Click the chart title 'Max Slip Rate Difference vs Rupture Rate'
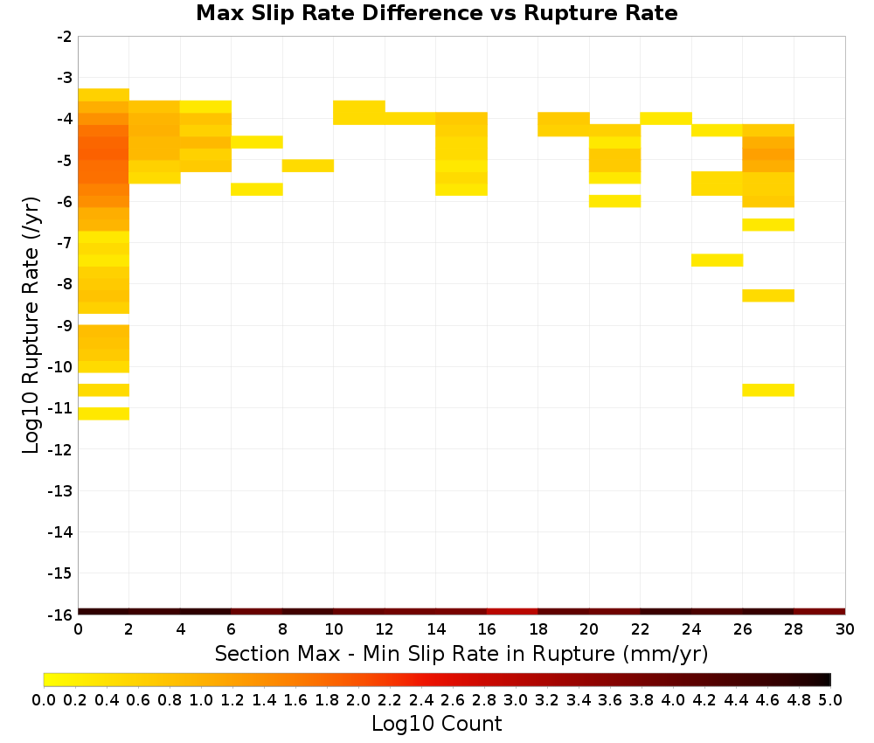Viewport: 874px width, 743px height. tap(436, 13)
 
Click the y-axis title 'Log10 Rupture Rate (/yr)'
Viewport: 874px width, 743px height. tap(31, 325)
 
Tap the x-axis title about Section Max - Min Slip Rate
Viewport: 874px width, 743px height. tap(461, 653)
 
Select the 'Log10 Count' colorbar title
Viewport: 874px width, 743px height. tap(436, 724)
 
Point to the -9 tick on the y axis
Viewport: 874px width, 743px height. tap(66, 325)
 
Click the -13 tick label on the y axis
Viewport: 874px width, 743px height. tap(61, 490)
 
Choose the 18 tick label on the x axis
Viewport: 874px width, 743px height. tap(538, 629)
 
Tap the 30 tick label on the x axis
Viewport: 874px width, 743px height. tap(845, 629)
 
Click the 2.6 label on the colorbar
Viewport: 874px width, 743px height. tap(452, 699)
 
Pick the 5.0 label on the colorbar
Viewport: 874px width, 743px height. tap(830, 699)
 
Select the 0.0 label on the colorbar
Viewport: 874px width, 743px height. tap(44, 699)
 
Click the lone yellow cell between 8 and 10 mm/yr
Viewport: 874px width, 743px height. tap(308, 165)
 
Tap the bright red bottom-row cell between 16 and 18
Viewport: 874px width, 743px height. tap(512, 612)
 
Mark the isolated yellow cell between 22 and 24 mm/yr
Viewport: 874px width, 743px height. tap(665, 118)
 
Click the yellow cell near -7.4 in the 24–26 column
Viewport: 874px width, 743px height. tap(717, 260)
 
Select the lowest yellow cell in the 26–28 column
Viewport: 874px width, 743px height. tap(768, 390)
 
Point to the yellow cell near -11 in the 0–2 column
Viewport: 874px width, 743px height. tap(104, 413)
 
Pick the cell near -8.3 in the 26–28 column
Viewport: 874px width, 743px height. tap(768, 295)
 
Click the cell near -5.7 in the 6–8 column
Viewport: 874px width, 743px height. tap(257, 189)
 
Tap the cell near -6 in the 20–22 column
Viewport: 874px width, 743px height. tap(614, 201)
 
